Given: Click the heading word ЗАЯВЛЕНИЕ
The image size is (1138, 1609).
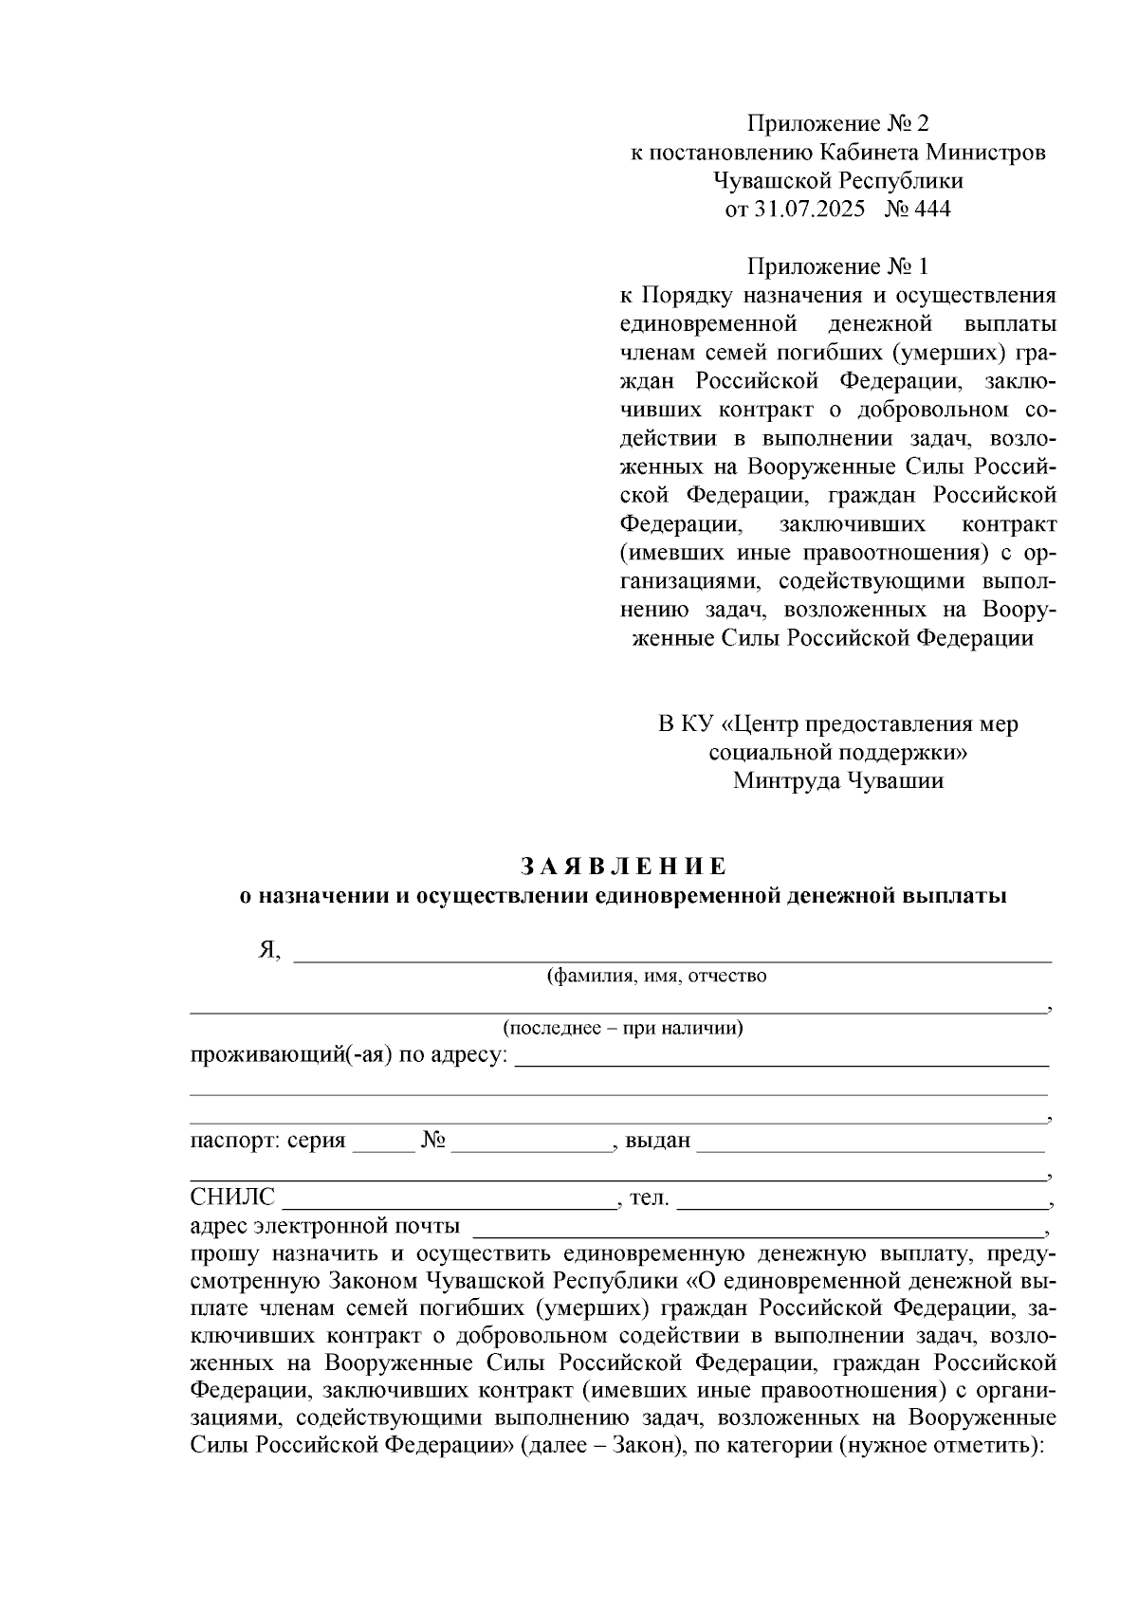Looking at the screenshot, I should (623, 867).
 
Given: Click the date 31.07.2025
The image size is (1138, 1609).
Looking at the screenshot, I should (811, 210).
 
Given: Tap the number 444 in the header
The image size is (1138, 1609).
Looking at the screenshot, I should (932, 210).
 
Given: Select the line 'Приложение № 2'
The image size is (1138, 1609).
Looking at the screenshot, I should (838, 123).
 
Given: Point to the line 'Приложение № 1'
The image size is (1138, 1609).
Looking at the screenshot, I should (838, 266).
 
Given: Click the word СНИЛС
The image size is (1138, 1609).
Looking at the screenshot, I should (232, 1198).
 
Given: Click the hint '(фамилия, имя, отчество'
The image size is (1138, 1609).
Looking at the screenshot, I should (656, 976).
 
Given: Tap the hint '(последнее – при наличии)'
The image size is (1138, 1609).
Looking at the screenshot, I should (622, 1028).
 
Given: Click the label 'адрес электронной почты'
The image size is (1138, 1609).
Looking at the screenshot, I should (325, 1226).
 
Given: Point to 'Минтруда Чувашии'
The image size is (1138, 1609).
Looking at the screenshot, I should (838, 781).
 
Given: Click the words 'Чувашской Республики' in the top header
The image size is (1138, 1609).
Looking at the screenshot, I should (838, 180).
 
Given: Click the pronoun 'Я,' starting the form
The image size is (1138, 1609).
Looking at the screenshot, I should (269, 952).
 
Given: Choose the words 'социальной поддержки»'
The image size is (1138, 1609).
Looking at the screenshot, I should (838, 753).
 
